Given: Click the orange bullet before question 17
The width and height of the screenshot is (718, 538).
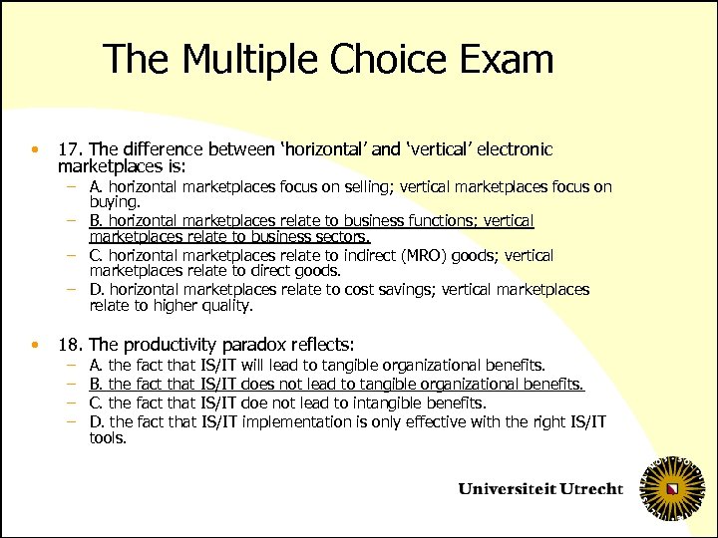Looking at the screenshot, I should tap(35, 150).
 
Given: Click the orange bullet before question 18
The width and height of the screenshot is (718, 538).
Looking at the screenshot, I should tap(35, 346).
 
